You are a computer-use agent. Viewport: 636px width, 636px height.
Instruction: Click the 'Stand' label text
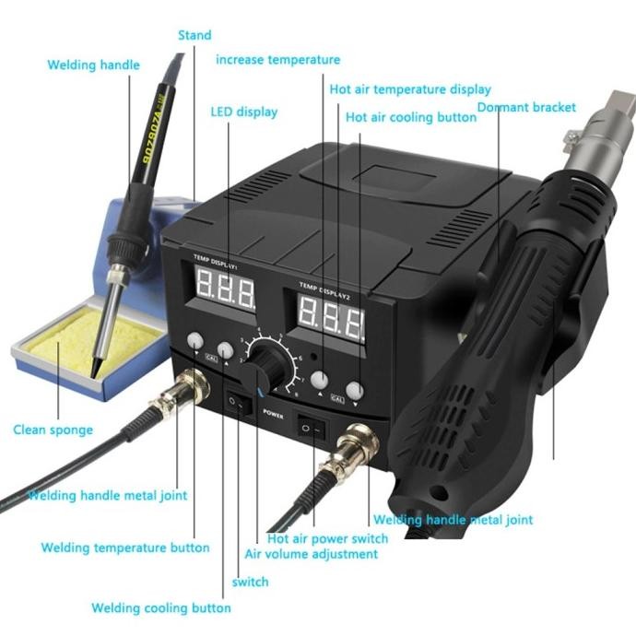coord(194,35)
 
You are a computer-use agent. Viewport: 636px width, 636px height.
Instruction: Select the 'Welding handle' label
coord(93,65)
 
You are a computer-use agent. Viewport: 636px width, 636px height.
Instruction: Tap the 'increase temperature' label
coord(277,60)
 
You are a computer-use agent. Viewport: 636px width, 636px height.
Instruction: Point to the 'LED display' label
coord(243,112)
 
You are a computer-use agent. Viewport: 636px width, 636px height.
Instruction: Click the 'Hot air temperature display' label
coord(410,89)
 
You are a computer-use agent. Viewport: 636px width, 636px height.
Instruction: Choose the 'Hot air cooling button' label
coord(411,117)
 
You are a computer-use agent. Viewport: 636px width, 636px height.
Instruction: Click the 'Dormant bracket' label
coord(526,108)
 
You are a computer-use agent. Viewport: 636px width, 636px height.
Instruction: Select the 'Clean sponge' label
coord(53,430)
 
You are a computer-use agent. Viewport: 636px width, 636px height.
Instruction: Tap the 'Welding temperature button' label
coord(124,548)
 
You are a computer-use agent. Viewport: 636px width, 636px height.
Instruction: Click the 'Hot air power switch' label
coord(327,538)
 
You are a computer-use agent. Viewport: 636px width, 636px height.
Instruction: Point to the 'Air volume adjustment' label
coord(311,554)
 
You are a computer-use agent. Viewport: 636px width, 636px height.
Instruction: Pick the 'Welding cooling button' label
coord(160,608)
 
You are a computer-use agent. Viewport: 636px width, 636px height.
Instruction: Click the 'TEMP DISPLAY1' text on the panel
coord(215,262)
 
